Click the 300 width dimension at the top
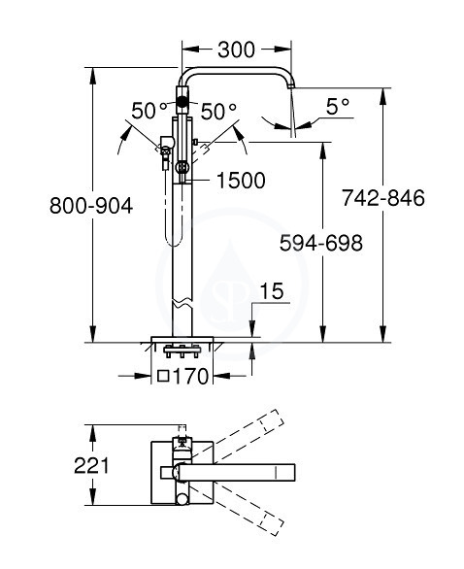point(236,50)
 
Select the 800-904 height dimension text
point(91,206)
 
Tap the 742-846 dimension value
point(383,198)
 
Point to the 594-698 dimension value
point(321,243)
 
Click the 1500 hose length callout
point(241,180)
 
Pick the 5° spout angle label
point(338,107)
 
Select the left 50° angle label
point(149,111)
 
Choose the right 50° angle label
point(218,111)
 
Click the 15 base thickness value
point(272,291)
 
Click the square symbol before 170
point(164,377)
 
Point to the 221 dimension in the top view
point(91,465)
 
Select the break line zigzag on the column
point(182,303)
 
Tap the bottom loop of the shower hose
point(173,242)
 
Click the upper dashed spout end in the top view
point(273,421)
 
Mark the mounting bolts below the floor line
point(182,351)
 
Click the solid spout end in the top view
point(285,473)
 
